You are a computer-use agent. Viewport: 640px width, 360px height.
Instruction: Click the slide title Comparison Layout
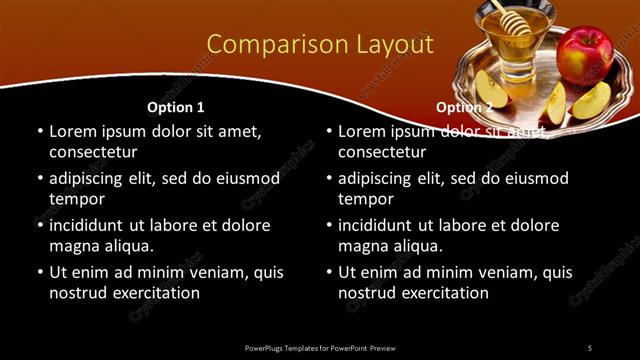(320, 45)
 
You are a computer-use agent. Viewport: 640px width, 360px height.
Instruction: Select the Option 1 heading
(176, 107)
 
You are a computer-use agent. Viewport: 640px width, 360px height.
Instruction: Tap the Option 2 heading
(464, 107)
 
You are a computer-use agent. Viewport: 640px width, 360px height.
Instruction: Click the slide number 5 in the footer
(589, 347)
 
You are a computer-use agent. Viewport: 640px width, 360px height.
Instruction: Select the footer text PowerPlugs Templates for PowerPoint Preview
(320, 347)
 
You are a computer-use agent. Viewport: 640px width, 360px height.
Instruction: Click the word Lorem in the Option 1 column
(73, 131)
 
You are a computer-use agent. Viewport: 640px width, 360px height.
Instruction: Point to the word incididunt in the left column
(90, 225)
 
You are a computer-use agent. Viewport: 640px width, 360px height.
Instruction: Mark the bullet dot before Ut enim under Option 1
(39, 273)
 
